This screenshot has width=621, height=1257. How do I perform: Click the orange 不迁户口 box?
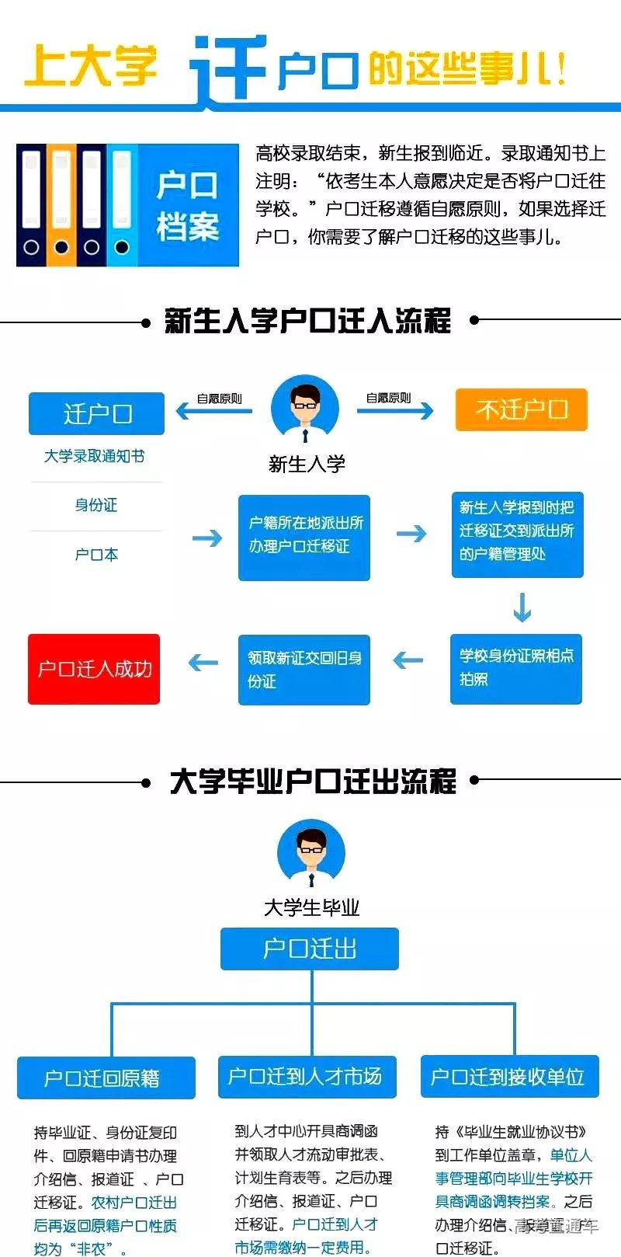point(521,409)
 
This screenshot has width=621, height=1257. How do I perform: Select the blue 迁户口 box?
point(96,413)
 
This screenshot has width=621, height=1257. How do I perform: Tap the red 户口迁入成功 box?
point(94,669)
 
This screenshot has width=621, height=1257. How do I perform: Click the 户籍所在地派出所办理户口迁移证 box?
point(304,536)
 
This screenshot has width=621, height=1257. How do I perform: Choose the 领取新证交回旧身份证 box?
point(304,669)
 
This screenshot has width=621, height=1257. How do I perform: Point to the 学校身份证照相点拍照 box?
point(516,667)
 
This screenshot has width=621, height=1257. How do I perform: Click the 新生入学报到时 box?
point(517,534)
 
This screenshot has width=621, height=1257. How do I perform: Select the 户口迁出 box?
point(309,949)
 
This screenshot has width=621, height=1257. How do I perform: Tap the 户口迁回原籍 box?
point(106,1078)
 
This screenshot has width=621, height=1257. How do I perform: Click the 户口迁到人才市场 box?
point(307,1076)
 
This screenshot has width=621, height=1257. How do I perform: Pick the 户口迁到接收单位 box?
point(509,1076)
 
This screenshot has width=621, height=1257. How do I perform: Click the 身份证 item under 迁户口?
point(96,505)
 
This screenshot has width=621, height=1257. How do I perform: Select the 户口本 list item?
point(96,555)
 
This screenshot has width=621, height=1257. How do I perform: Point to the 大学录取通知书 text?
point(95,456)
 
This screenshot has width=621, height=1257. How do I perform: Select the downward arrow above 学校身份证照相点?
point(522,608)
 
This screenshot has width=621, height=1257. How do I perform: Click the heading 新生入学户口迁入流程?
point(308,321)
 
